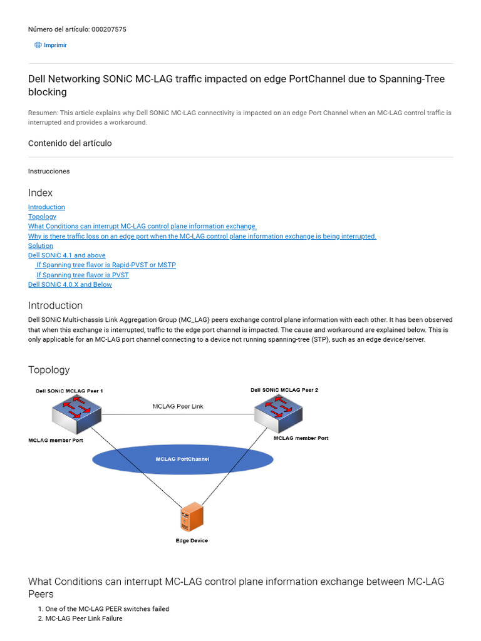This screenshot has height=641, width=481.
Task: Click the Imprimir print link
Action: coord(55,45)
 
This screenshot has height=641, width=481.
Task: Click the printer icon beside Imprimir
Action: coord(38,45)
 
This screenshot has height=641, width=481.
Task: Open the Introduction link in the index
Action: coord(46,207)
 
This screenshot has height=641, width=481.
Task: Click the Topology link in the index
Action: coord(42,217)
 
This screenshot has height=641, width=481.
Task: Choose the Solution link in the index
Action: coord(41,246)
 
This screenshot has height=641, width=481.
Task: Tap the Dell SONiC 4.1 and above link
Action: coord(67,255)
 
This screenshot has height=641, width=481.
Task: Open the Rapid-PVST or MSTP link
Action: coord(106,265)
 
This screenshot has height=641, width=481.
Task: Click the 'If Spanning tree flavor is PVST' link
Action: coord(82,275)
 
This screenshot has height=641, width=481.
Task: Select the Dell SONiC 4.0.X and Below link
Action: coord(70,285)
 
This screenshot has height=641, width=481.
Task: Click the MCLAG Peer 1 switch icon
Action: coord(77,413)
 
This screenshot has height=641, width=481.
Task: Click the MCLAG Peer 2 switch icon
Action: coord(278,413)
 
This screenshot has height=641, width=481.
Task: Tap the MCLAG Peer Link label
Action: coord(178,406)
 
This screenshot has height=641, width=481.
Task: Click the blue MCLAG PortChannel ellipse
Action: coord(182,459)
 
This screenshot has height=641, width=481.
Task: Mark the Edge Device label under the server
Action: coord(192,541)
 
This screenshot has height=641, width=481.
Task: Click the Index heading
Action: coord(41,193)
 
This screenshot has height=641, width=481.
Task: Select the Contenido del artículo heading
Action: coord(70,143)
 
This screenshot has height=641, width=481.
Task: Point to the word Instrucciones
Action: coord(49,172)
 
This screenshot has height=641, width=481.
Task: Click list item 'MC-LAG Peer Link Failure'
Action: coord(84,618)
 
